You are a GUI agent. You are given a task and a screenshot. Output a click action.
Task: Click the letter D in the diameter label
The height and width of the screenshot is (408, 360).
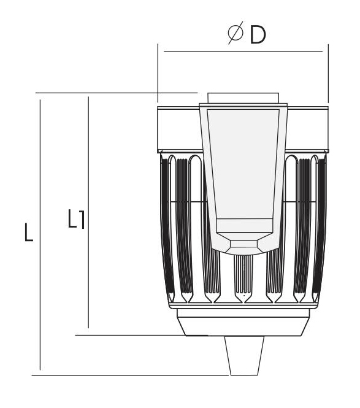coord(258,35)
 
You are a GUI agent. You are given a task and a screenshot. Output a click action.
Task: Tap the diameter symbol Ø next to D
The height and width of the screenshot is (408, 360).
coord(236,33)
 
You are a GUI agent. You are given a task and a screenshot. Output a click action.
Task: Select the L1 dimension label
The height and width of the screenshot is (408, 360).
coord(76,219)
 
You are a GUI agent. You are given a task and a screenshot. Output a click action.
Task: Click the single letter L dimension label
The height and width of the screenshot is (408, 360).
coord(29,233)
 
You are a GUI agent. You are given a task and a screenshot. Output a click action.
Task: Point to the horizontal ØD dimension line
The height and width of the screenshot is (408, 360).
coord(243,52)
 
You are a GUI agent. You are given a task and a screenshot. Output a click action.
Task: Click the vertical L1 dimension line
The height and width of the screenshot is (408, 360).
coord(88,212)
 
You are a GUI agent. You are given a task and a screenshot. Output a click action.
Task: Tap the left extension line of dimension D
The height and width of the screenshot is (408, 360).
coord(158,74)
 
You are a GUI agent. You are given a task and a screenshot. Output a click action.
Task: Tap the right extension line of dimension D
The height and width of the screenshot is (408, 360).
coord(328,74)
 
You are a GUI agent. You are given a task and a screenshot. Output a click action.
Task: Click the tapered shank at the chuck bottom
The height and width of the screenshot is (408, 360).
coord(244,356)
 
